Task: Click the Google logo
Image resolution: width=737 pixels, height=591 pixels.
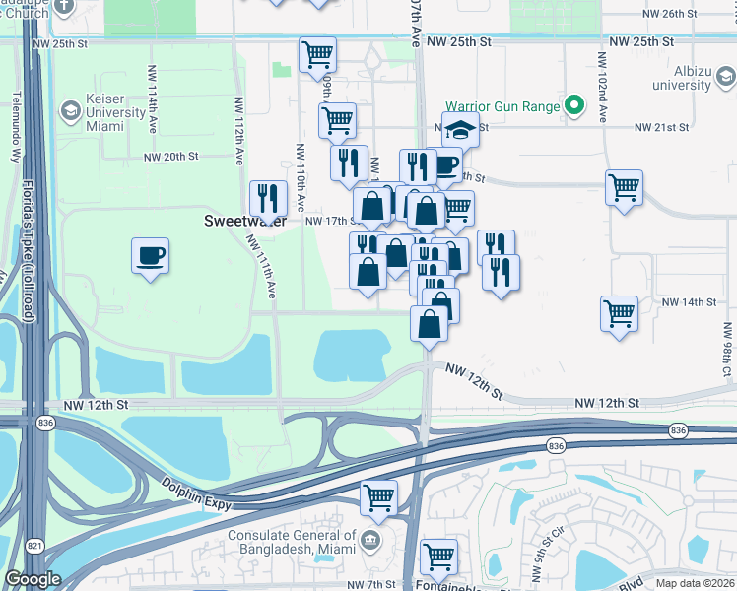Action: (x=32, y=579)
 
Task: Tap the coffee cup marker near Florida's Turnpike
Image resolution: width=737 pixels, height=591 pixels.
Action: (x=150, y=256)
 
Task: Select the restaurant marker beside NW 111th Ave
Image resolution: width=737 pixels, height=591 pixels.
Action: (x=267, y=199)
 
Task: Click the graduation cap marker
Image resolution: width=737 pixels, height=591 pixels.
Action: (x=459, y=130)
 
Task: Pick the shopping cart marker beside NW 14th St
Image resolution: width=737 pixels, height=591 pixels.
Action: (x=619, y=314)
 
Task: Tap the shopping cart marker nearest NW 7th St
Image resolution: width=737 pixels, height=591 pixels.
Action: (x=438, y=557)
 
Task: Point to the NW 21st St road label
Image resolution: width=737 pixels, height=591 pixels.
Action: (x=660, y=128)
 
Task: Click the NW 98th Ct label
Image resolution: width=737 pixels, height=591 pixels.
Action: (x=726, y=355)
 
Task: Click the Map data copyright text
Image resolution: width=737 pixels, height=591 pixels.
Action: (x=695, y=583)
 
